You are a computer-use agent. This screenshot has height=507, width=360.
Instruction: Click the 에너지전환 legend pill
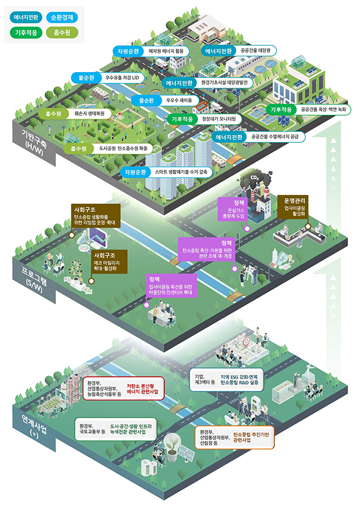pos(25,17)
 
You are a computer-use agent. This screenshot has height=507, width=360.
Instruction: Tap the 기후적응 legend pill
pos(25,32)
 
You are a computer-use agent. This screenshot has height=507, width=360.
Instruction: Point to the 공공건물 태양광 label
pos(255,51)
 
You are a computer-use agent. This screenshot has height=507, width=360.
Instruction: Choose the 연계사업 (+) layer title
pos(29,425)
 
